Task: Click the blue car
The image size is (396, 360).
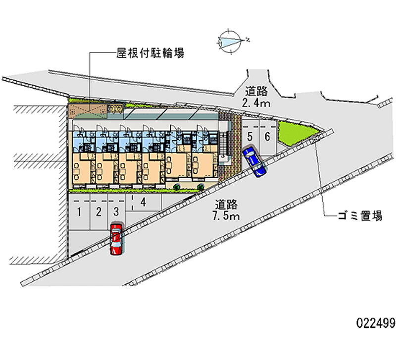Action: pyautogui.click(x=255, y=161)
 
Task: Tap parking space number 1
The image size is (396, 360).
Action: pyautogui.click(x=79, y=212)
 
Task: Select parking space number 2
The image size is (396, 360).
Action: pyautogui.click(x=99, y=212)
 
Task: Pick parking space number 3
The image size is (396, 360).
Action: pyautogui.click(x=116, y=212)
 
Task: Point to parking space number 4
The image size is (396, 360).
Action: pyautogui.click(x=143, y=202)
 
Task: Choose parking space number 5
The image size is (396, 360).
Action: pyautogui.click(x=250, y=136)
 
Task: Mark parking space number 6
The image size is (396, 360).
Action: pyautogui.click(x=267, y=136)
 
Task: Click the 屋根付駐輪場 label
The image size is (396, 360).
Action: pyautogui.click(x=150, y=53)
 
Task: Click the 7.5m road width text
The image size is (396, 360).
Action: pyautogui.click(x=227, y=216)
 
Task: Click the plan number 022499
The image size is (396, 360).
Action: pyautogui.click(x=375, y=324)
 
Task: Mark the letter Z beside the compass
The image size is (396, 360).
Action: pyautogui.click(x=247, y=40)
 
